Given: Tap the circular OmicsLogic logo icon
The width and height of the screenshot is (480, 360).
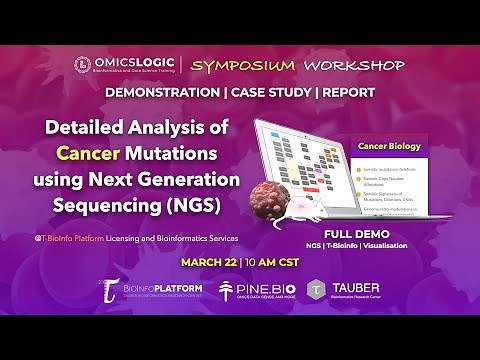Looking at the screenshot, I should coord(83,65).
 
